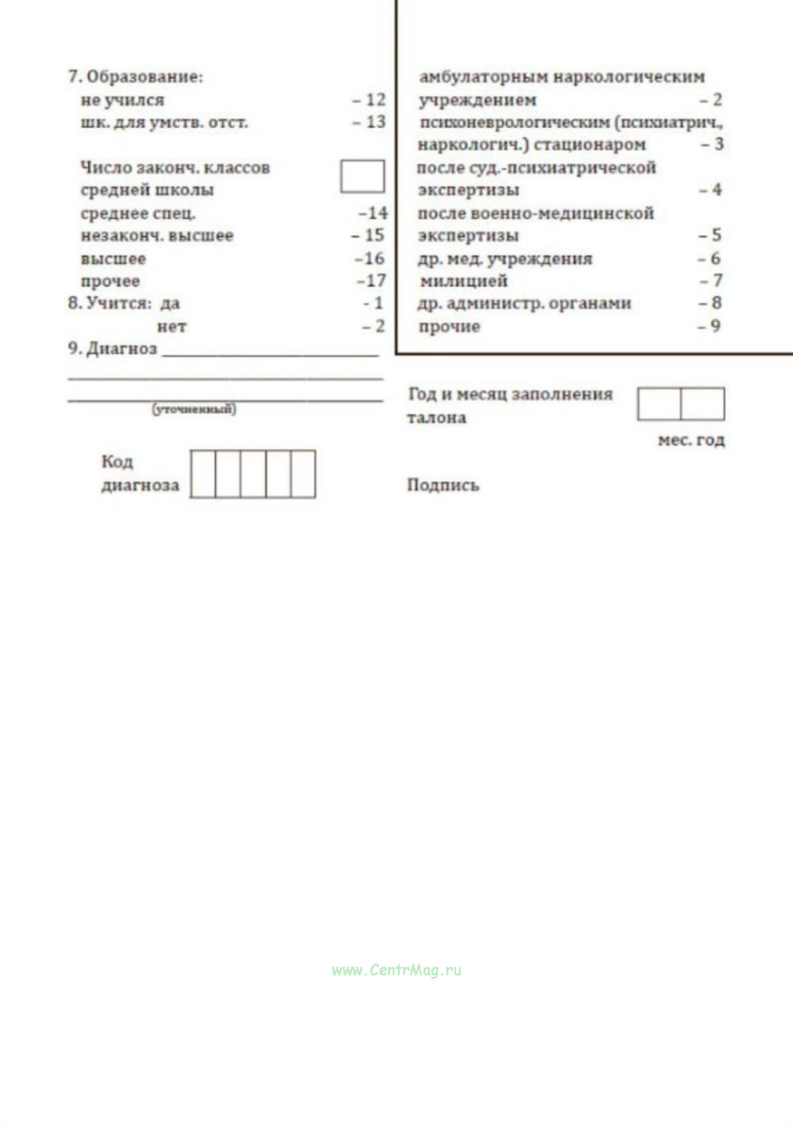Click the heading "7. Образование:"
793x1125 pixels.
pos(135,77)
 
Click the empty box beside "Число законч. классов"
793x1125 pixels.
pos(362,176)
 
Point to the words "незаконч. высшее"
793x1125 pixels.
pos(157,235)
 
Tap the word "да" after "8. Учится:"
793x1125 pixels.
pos(170,304)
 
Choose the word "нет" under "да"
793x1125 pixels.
pos(172,326)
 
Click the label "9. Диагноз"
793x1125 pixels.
pos(113,348)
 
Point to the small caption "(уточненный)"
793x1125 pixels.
pos(194,409)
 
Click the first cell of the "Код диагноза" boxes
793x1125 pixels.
pos(203,474)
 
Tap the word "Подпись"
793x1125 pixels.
pos(443,485)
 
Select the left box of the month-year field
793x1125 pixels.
pos(659,403)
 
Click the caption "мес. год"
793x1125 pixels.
pos(691,440)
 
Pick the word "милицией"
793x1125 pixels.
pos(463,281)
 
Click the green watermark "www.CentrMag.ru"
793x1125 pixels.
pos(396,970)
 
